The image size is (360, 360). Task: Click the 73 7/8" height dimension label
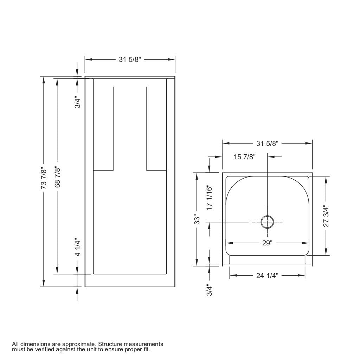click(x=44, y=178)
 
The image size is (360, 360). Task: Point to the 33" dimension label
click(x=197, y=219)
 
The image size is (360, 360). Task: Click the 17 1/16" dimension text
click(x=210, y=198)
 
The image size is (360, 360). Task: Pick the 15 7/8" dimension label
click(x=245, y=157)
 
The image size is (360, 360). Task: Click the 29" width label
click(x=267, y=243)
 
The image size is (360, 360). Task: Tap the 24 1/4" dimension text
click(x=267, y=276)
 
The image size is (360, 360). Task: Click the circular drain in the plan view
click(x=267, y=222)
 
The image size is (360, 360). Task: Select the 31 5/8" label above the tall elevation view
click(x=130, y=59)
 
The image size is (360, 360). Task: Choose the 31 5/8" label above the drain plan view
click(x=267, y=143)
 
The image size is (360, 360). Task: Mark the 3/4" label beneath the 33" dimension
click(x=210, y=290)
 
